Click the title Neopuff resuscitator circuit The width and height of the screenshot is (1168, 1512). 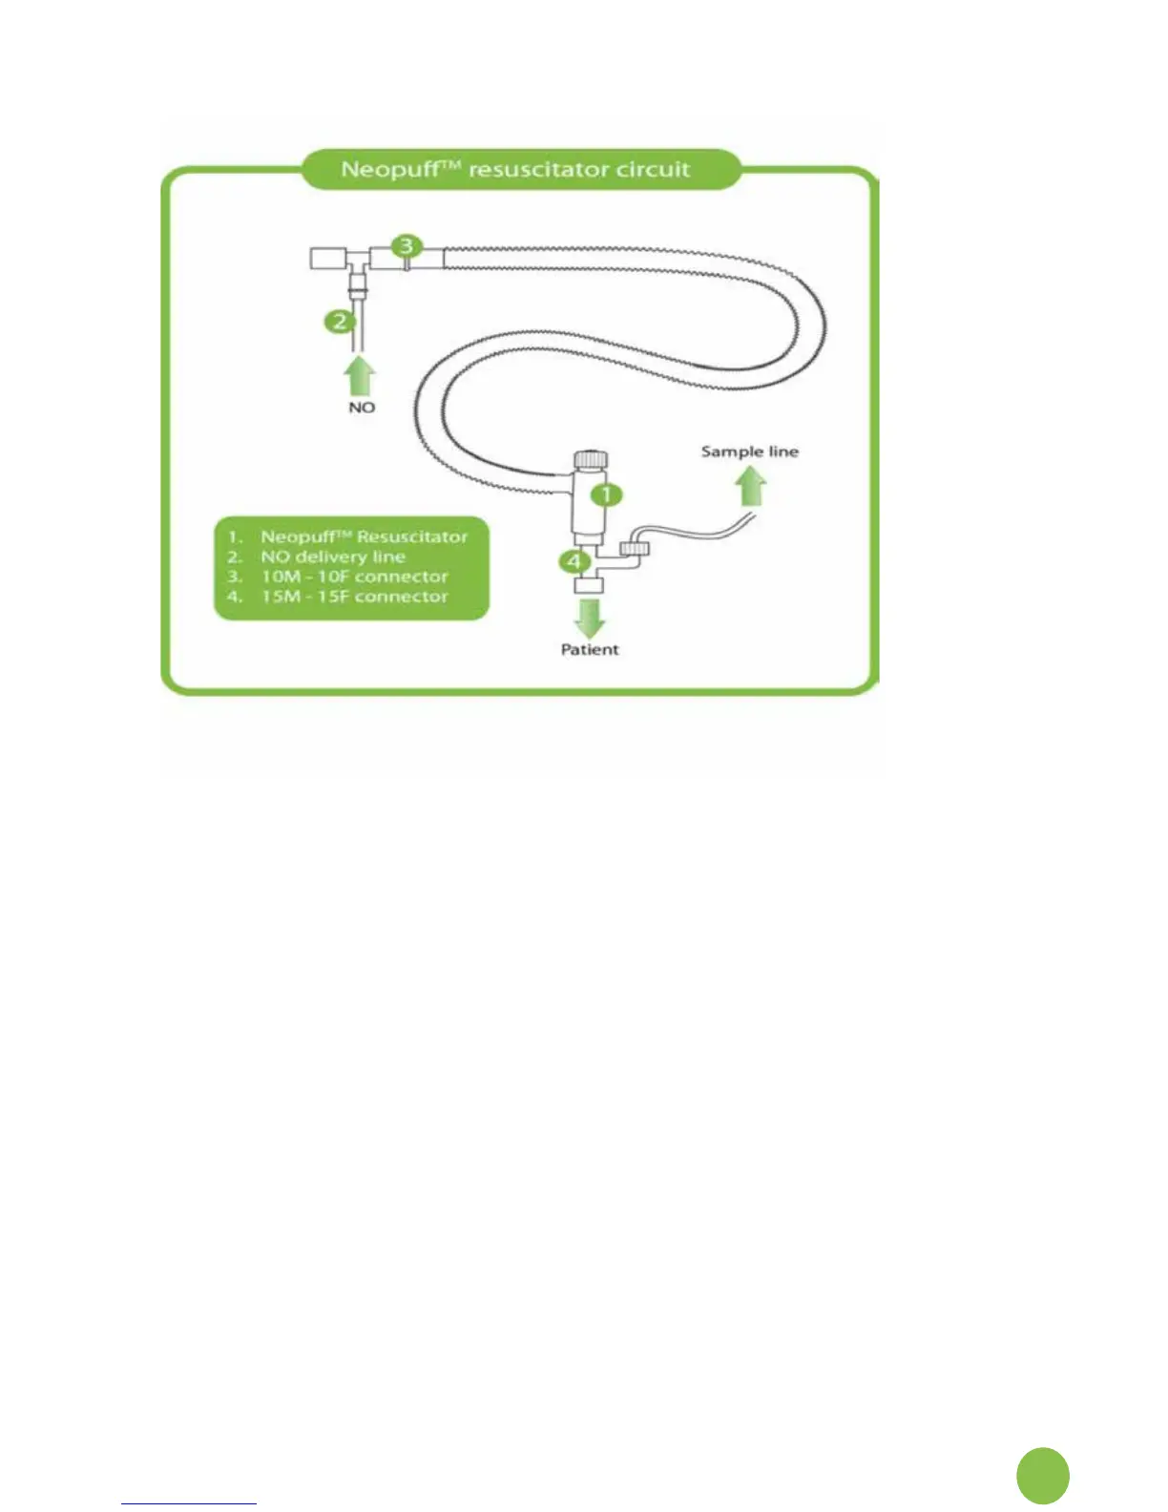click(515, 170)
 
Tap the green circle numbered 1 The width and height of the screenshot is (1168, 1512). click(607, 494)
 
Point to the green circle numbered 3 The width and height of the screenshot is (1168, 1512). click(407, 245)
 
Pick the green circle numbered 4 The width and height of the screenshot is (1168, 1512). click(574, 561)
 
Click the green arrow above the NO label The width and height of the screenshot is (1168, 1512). click(360, 375)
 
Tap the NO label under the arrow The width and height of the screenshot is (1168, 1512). click(362, 408)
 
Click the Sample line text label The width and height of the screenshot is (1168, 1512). click(749, 451)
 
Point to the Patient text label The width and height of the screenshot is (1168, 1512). click(590, 649)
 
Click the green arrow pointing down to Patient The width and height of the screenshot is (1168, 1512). click(590, 618)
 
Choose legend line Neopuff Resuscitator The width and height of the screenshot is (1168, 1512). click(364, 537)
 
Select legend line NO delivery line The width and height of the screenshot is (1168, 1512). click(332, 556)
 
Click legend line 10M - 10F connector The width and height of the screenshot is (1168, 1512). click(354, 577)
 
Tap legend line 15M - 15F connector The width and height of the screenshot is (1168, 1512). click(354, 597)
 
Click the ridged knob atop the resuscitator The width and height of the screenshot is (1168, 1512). click(589, 459)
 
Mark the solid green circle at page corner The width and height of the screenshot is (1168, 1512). click(1043, 1475)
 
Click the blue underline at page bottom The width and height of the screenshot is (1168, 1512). click(189, 1503)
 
